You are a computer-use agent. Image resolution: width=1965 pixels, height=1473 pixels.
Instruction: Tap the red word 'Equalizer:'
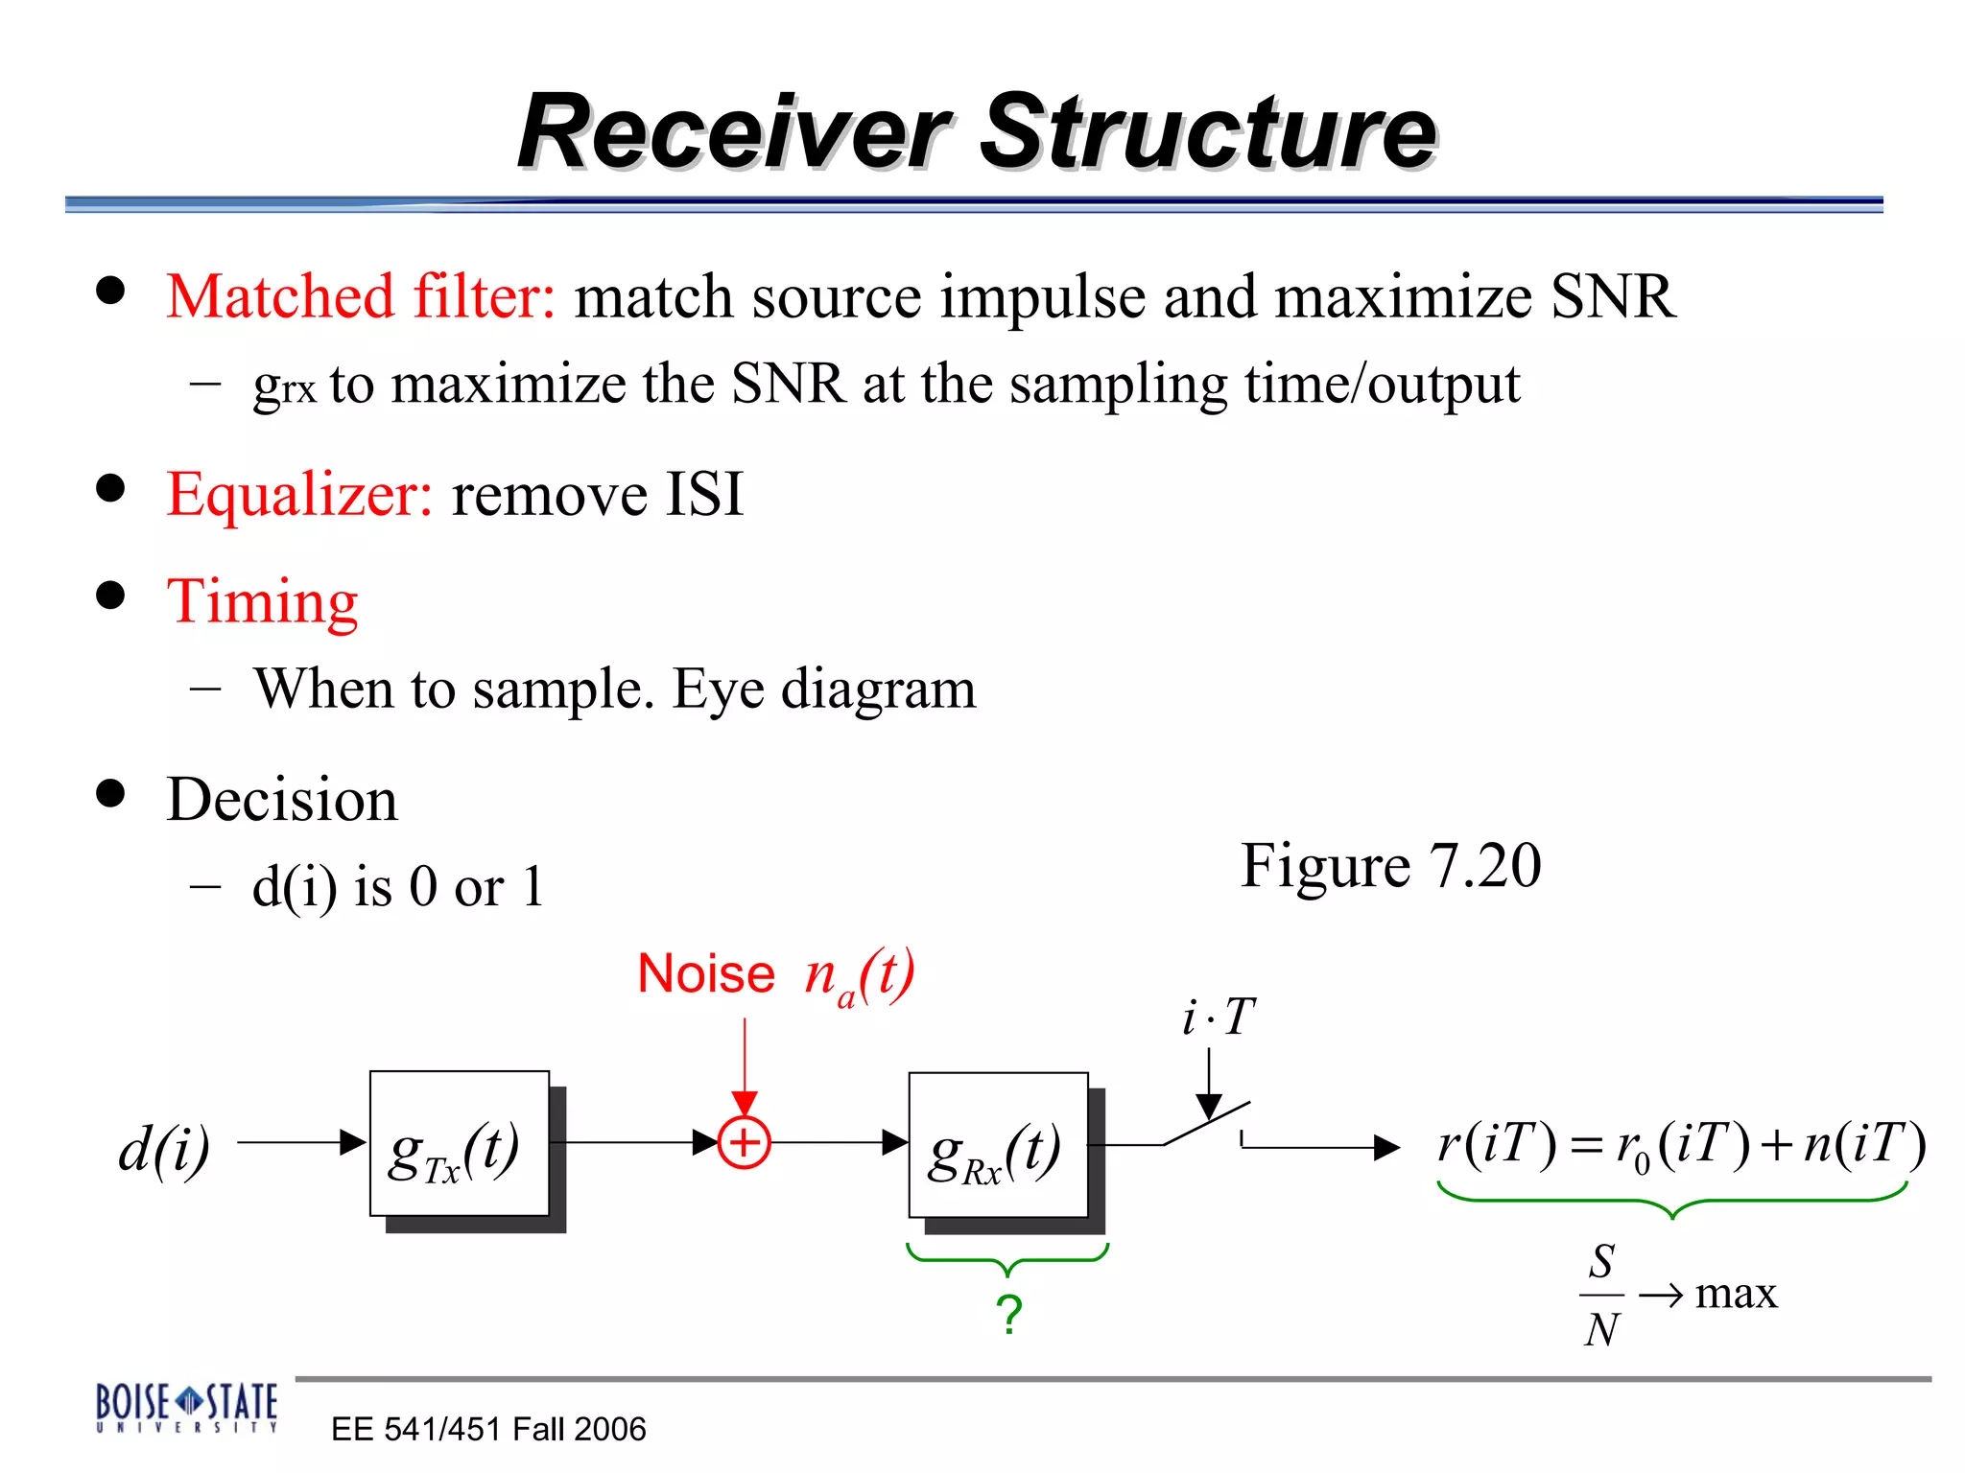click(299, 495)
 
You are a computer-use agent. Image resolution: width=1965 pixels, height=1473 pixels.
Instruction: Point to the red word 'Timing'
click(262, 602)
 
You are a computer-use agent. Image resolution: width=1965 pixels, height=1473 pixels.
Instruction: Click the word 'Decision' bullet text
click(282, 800)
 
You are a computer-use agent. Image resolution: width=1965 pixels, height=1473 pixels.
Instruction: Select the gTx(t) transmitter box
click(459, 1144)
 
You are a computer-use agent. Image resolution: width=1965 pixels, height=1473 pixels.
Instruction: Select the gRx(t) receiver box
click(998, 1146)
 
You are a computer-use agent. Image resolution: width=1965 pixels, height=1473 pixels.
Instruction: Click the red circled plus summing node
click(744, 1143)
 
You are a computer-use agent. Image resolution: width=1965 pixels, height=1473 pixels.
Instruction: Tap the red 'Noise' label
click(706, 974)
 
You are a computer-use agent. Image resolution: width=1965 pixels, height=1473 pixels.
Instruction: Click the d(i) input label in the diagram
click(164, 1148)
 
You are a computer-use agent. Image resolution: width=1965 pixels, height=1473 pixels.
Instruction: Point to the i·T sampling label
click(1218, 1017)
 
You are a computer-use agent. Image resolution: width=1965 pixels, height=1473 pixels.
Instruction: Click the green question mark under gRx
click(1008, 1314)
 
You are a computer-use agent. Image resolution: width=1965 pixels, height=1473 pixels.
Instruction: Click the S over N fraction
click(1600, 1295)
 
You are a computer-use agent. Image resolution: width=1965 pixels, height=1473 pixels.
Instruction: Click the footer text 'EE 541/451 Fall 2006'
click(488, 1429)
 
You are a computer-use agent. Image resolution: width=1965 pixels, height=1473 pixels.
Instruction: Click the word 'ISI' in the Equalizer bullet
click(704, 495)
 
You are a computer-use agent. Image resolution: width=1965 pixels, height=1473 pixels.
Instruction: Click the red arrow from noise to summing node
click(745, 1064)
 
